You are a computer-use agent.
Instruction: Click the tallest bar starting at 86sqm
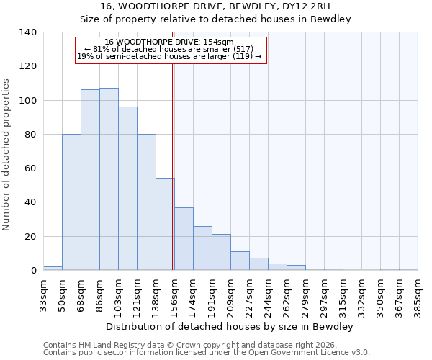point(109,179)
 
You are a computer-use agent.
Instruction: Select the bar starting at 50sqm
point(71,202)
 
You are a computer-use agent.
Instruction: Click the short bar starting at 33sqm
point(53,268)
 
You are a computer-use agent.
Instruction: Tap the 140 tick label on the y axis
point(27,32)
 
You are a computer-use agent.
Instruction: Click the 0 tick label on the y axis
point(33,271)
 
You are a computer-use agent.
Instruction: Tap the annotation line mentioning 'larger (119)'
point(171,56)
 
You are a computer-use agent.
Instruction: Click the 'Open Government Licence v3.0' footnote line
point(207,352)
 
